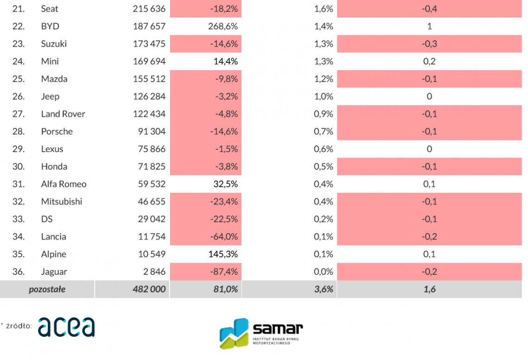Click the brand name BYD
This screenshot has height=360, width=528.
click(x=50, y=26)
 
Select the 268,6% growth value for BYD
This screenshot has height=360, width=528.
click(x=223, y=26)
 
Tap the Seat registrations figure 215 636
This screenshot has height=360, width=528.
click(x=149, y=9)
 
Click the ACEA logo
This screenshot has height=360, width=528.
click(x=66, y=327)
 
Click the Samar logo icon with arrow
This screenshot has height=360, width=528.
click(x=234, y=333)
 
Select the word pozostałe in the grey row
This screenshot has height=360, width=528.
click(x=47, y=290)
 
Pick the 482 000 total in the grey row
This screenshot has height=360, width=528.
click(x=149, y=290)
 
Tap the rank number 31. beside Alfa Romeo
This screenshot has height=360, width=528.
click(x=18, y=184)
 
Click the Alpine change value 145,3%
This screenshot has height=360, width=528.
click(x=223, y=254)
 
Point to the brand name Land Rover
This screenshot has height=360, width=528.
click(x=63, y=114)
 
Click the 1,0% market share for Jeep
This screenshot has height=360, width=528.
click(x=323, y=96)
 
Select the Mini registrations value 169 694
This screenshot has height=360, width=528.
click(x=149, y=61)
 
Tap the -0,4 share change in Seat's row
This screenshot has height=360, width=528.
click(x=429, y=9)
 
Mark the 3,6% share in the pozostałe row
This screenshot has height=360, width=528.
click(x=323, y=290)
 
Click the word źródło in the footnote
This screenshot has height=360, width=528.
click(x=19, y=326)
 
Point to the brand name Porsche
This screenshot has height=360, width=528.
click(x=57, y=132)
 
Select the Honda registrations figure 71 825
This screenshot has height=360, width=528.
click(x=151, y=166)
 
